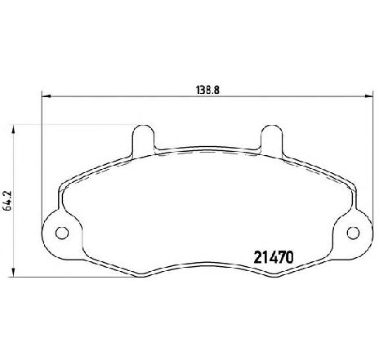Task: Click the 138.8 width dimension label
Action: click(207, 90)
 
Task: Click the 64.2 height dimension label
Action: click(7, 200)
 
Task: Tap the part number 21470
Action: click(274, 257)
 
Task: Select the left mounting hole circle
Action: click(62, 233)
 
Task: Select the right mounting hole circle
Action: click(353, 233)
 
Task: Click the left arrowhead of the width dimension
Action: click(46, 96)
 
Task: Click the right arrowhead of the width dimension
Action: click(368, 96)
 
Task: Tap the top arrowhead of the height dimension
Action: click(12, 130)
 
